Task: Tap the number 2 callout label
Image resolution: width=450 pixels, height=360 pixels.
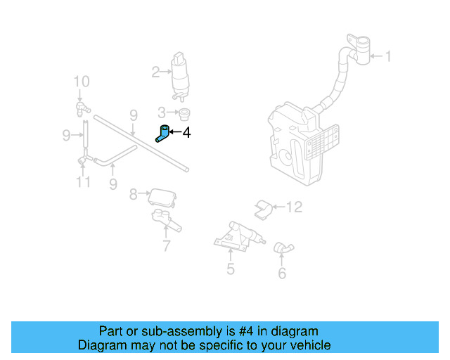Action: [155, 71]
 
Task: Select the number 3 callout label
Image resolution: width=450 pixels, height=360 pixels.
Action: [161, 112]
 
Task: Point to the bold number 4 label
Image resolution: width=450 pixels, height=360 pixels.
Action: [186, 131]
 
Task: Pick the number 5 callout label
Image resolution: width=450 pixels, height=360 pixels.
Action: [231, 269]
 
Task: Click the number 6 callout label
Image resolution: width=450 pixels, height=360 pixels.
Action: [282, 274]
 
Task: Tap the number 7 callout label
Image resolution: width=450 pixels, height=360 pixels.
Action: [167, 246]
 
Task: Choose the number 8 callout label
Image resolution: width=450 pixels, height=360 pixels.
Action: [133, 193]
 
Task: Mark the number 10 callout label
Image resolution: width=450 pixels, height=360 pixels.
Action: [82, 82]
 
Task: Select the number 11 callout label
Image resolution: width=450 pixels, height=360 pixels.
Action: [84, 183]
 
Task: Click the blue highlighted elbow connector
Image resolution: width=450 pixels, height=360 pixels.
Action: [163, 132]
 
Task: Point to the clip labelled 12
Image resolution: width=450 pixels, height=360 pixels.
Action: [263, 208]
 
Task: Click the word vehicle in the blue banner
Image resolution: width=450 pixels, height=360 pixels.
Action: [309, 345]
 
